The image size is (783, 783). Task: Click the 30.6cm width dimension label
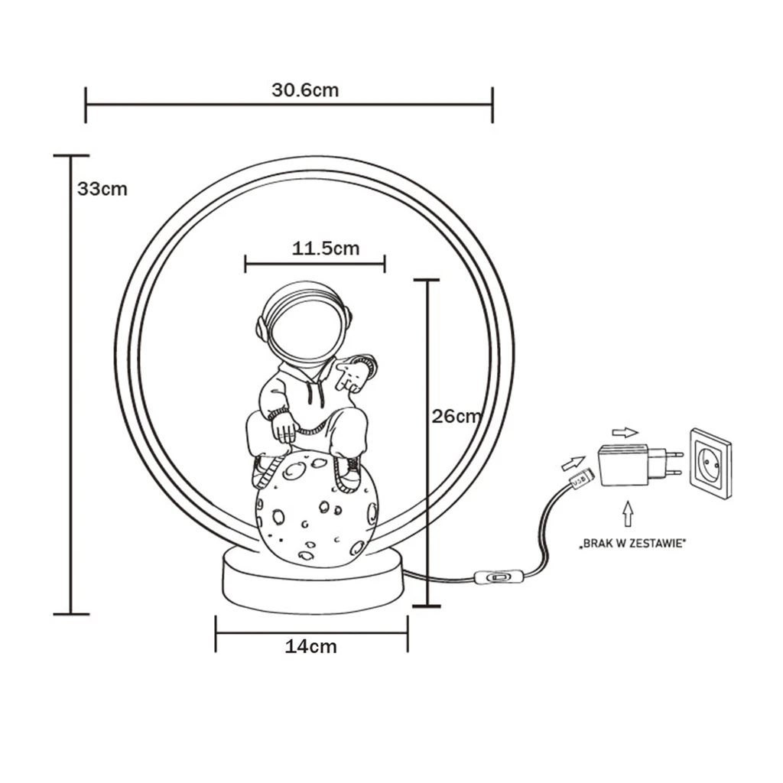(x=305, y=90)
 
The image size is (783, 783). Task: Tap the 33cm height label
(x=102, y=189)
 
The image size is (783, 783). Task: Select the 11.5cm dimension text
(x=325, y=249)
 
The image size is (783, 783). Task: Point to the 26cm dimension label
(x=456, y=417)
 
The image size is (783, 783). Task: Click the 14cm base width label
(x=310, y=647)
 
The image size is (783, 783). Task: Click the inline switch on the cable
(x=495, y=578)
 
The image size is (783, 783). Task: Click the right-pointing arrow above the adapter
(x=625, y=432)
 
